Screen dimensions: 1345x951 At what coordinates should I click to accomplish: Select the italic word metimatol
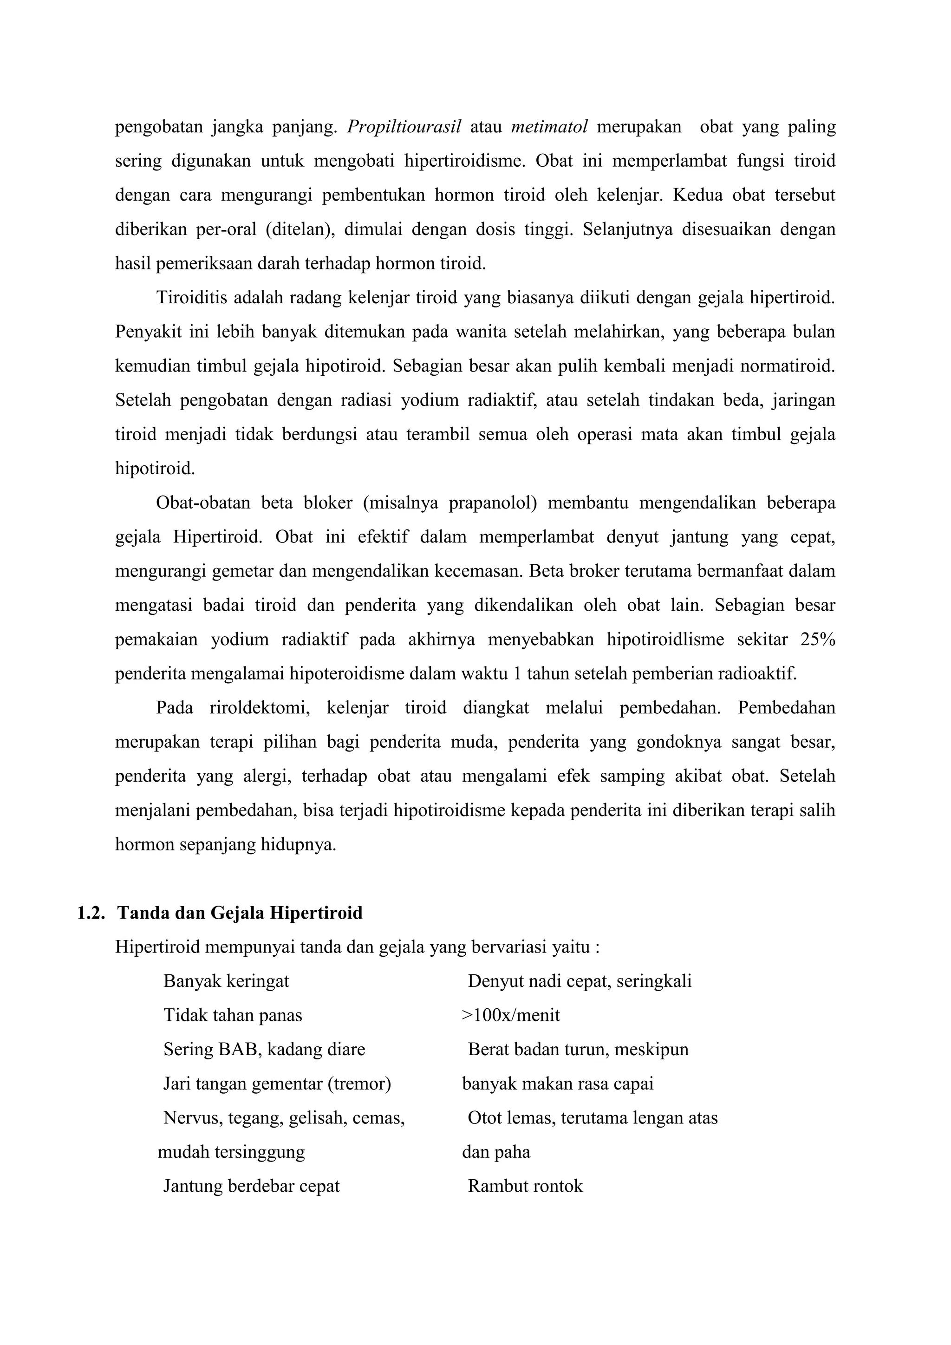(x=549, y=127)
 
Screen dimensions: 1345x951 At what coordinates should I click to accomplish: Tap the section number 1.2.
(x=91, y=913)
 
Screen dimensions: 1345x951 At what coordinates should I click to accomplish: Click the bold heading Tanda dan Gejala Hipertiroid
(x=240, y=913)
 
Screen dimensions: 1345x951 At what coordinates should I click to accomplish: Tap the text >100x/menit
(x=511, y=1015)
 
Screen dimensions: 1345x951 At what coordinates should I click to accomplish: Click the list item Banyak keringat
(x=226, y=981)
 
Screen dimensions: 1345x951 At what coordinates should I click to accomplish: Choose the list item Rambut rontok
(x=525, y=1186)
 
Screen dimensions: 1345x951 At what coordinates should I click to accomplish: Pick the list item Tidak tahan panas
(x=233, y=1015)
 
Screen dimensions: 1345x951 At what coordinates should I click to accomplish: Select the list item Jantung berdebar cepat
(x=251, y=1186)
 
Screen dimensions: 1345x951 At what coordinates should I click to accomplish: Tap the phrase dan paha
(x=496, y=1152)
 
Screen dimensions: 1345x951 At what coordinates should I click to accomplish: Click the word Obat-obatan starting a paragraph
(x=203, y=503)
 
